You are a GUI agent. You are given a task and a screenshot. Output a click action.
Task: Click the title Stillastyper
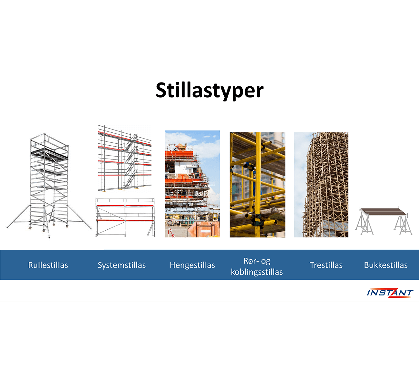point(209,90)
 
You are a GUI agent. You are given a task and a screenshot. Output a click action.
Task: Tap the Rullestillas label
point(48,265)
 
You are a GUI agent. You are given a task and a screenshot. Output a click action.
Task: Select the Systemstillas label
point(122,265)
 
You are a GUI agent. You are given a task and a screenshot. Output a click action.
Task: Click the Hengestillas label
point(192,265)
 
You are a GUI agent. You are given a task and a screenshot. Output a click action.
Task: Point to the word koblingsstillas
point(257,272)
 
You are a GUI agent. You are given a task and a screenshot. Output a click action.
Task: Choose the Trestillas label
point(326,265)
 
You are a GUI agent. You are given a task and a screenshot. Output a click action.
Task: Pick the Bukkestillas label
point(386,265)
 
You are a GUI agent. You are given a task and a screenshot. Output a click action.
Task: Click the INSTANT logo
point(390,293)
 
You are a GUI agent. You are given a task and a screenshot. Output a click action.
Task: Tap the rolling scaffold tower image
point(49,185)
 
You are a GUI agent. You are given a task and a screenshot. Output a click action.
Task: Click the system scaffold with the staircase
point(125,158)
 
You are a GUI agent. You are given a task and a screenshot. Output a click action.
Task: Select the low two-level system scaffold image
point(125,217)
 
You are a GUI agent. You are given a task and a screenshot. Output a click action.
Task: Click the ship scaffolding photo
point(192,184)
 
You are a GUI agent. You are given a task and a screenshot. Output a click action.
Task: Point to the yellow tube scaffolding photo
point(258,185)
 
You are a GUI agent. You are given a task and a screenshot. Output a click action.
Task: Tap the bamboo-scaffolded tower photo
point(321,185)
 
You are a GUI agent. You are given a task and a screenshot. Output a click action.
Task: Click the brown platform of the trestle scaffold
point(384,212)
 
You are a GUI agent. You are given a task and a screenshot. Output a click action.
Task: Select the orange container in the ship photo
point(204,229)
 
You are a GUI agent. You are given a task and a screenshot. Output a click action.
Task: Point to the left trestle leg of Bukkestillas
point(365,224)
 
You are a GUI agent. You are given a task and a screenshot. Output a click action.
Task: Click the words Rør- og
point(257,261)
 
